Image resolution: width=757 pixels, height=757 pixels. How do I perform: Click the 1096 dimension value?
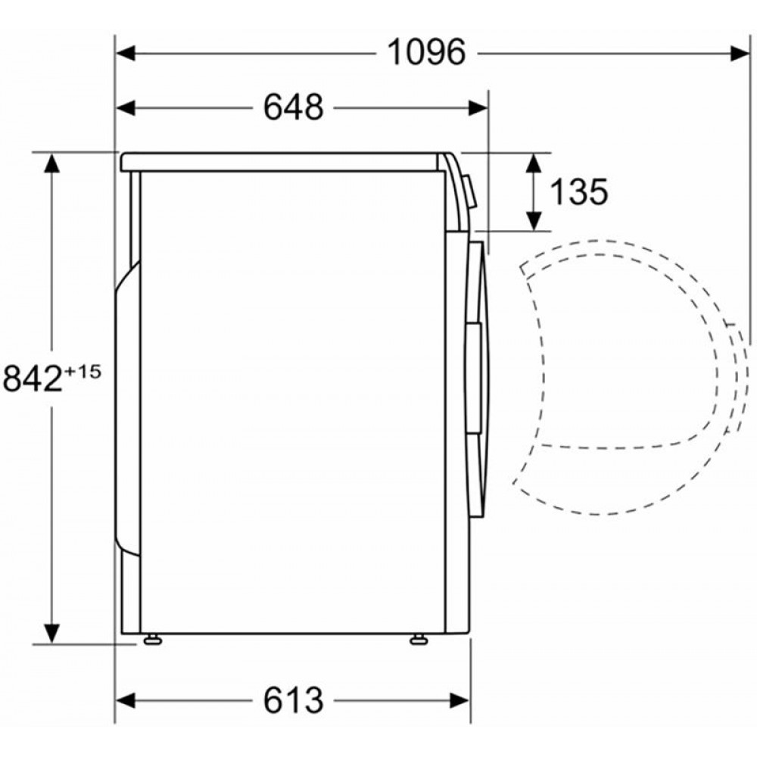[427, 52]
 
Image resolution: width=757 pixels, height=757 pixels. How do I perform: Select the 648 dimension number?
[294, 107]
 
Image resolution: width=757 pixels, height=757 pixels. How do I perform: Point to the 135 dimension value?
[579, 192]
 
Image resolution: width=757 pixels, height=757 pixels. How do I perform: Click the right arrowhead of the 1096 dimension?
[740, 53]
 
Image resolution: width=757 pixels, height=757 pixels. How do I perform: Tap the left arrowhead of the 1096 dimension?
[126, 53]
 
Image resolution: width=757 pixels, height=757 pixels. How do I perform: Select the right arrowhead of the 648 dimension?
[478, 107]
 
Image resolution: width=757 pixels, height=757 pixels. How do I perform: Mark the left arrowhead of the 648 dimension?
[126, 107]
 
